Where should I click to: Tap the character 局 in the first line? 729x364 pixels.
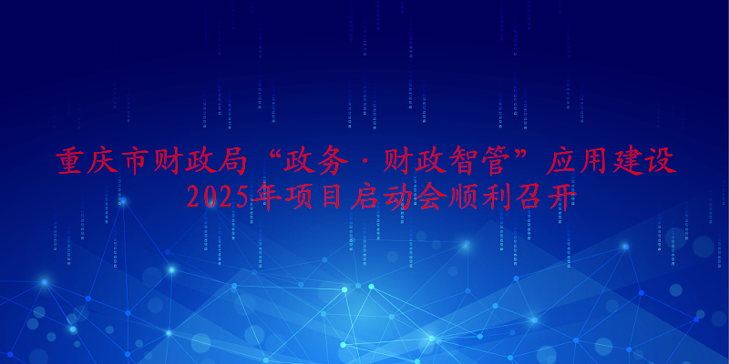point(232,162)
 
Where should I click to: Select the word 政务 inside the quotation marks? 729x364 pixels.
point(317,162)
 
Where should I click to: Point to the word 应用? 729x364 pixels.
point(579,162)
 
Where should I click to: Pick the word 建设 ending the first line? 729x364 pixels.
point(645,162)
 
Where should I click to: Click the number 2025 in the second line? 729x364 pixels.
point(218,197)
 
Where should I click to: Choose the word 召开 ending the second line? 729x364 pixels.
point(547,198)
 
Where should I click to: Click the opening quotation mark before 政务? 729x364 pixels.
point(275,156)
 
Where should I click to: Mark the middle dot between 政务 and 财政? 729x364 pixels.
point(366,163)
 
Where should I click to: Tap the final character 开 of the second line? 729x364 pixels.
point(562,198)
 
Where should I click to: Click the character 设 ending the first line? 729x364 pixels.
point(662,162)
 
